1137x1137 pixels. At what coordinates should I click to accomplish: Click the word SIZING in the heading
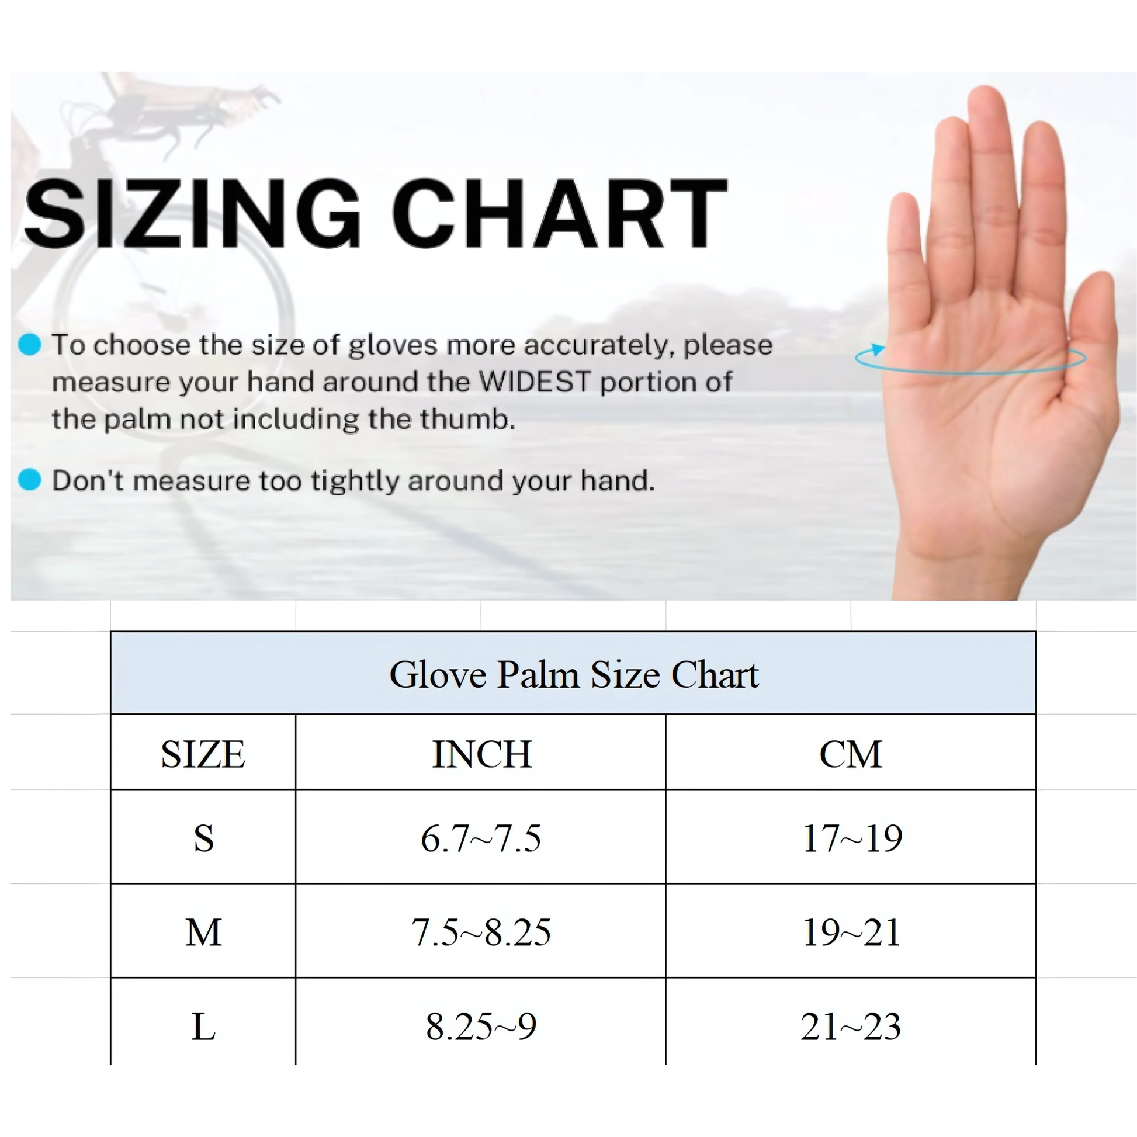192,213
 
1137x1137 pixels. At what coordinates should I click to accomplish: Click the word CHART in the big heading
560,213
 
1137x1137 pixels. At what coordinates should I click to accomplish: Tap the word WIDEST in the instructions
535,382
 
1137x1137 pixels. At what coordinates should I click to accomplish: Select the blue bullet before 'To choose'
29,344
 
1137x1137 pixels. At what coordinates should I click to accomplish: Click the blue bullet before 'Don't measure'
29,480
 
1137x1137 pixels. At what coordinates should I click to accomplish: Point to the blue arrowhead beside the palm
877,349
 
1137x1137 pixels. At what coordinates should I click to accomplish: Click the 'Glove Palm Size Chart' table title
574,674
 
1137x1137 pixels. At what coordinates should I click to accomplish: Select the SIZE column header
203,754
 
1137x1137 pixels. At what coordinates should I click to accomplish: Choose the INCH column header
482,754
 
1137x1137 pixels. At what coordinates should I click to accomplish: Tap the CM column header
851,754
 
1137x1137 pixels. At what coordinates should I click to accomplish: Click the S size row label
204,838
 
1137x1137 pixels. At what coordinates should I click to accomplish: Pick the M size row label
204,932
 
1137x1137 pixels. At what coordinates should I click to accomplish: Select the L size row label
204,1027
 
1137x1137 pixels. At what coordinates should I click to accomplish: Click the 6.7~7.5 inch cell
481,838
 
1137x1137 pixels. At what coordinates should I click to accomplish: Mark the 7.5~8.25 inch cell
481,932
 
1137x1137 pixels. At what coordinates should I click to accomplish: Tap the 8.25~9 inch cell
481,1027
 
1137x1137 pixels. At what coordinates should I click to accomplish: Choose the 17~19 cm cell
851,838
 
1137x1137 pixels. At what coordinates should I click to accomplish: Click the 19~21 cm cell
851,932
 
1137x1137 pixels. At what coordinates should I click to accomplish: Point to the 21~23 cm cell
851,1027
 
